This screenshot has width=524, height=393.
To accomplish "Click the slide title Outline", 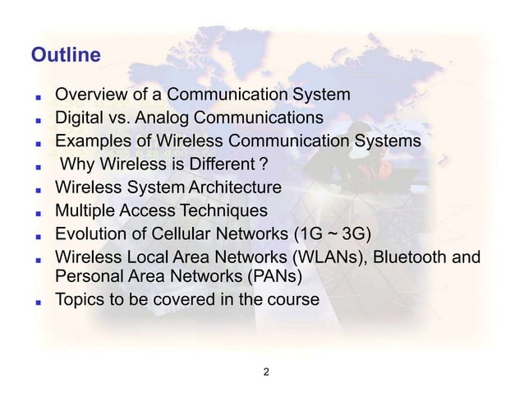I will [x=65, y=56].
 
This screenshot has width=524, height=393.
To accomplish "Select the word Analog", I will [x=156, y=118].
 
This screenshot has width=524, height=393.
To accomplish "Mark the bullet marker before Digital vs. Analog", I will [x=37, y=119].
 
